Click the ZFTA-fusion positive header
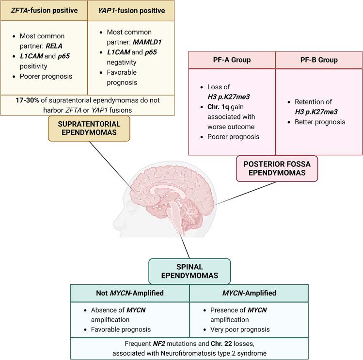click(44, 10)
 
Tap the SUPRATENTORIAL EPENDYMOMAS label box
click(89, 129)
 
